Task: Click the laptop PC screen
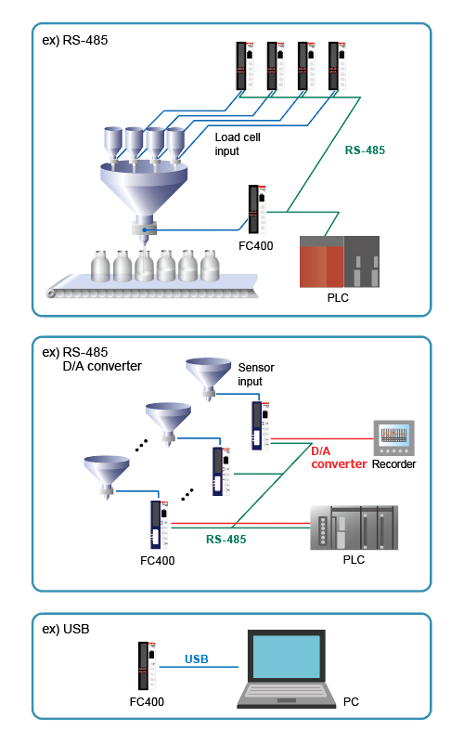[x=287, y=657]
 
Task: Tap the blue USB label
[x=197, y=659]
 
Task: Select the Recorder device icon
[x=393, y=437]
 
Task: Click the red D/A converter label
[x=339, y=458]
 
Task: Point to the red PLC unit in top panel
[x=321, y=262]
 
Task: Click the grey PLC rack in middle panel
[x=354, y=528]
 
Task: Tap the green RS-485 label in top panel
[x=365, y=150]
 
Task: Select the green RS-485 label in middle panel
[x=226, y=540]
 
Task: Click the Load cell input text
[x=238, y=144]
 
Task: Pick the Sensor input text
[x=256, y=374]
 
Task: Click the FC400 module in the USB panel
[x=148, y=666]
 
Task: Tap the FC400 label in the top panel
[x=256, y=246]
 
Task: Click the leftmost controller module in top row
[x=245, y=66]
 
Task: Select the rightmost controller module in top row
[x=337, y=66]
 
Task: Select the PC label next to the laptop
[x=351, y=702]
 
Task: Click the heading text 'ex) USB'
[x=66, y=629]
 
